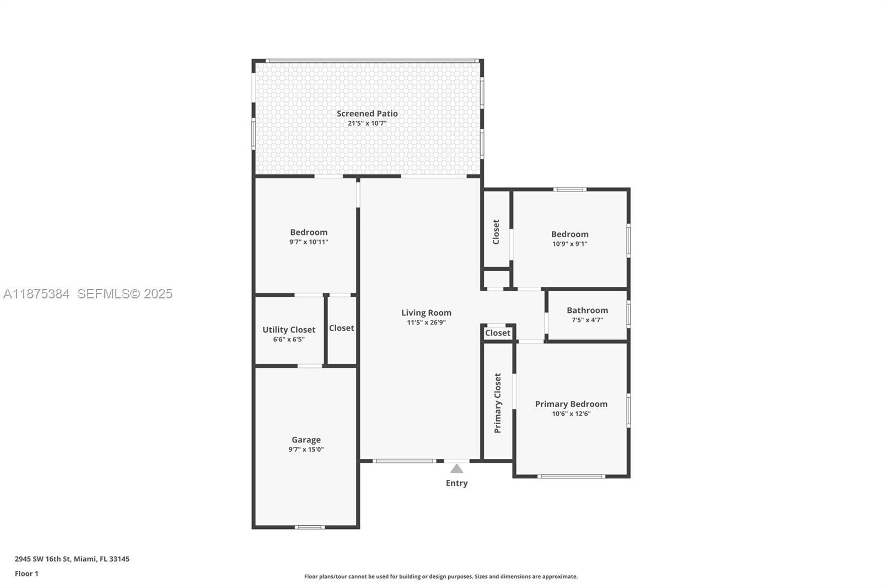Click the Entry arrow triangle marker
tap(456, 469)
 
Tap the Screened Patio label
tap(367, 114)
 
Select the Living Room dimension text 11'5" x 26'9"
tap(426, 323)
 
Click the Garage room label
tap(306, 440)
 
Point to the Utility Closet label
tap(289, 330)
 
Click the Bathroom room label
tap(587, 311)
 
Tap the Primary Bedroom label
tap(571, 404)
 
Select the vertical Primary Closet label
tap(498, 403)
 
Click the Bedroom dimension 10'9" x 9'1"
tap(569, 244)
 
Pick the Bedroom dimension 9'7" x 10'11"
tap(309, 242)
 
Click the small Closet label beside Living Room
tap(498, 333)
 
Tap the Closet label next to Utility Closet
tap(341, 328)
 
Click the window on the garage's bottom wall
tap(309, 527)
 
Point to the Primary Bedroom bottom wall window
tap(571, 476)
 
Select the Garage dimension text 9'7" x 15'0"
tap(306, 450)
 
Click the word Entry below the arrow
tap(456, 483)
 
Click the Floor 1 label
tap(26, 574)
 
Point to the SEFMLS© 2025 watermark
tap(125, 294)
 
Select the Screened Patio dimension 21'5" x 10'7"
tap(367, 124)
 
